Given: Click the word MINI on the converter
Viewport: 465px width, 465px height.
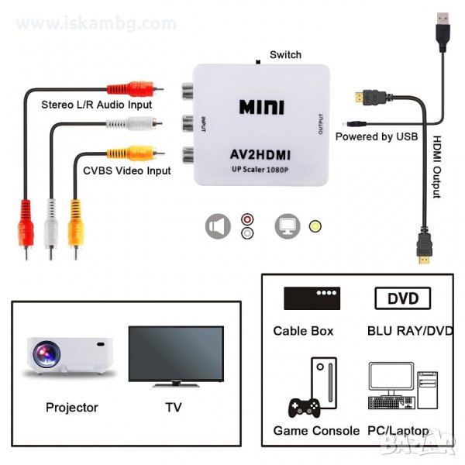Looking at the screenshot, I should click(263, 106).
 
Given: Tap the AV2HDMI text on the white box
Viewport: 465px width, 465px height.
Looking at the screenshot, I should click(261, 153).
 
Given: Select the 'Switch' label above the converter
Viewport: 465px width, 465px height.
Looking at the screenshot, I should click(285, 55).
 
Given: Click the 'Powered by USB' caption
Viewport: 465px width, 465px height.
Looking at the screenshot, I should click(377, 136).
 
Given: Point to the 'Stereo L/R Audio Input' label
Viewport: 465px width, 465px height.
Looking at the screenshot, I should click(96, 104).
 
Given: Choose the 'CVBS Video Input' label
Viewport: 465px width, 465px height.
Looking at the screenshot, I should click(126, 170).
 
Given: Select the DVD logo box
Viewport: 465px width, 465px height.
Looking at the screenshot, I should click(402, 298).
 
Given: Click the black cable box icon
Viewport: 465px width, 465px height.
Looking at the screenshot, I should click(312, 298).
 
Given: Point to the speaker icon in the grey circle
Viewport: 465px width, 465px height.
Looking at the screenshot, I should click(218, 226).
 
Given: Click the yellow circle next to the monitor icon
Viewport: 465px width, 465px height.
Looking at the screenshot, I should click(315, 226).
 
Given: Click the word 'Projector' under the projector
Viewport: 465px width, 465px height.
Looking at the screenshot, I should click(72, 407).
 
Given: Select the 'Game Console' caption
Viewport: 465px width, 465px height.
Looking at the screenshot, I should click(316, 430).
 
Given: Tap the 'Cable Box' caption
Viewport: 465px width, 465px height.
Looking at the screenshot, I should click(303, 331).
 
